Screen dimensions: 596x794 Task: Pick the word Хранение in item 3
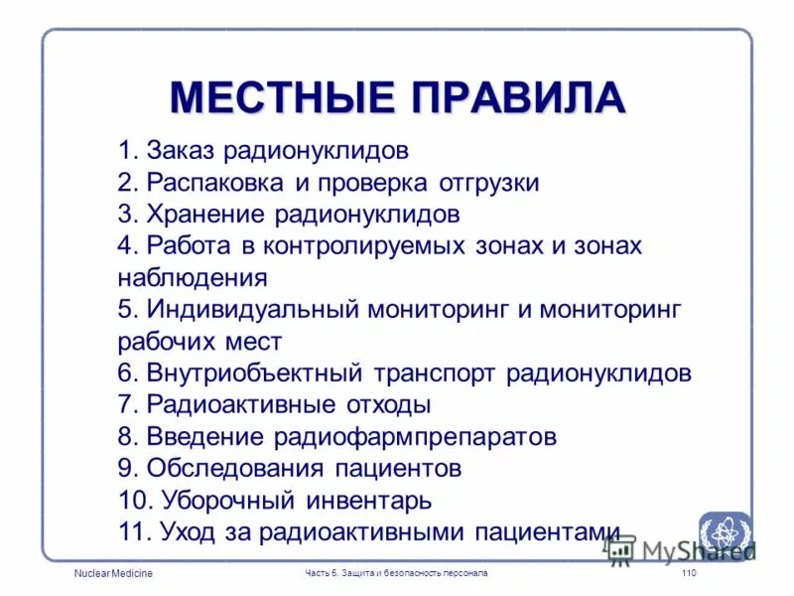206,215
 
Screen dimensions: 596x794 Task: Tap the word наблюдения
193,277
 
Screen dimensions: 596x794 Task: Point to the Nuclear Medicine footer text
113,575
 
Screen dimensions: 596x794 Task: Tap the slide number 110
690,575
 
